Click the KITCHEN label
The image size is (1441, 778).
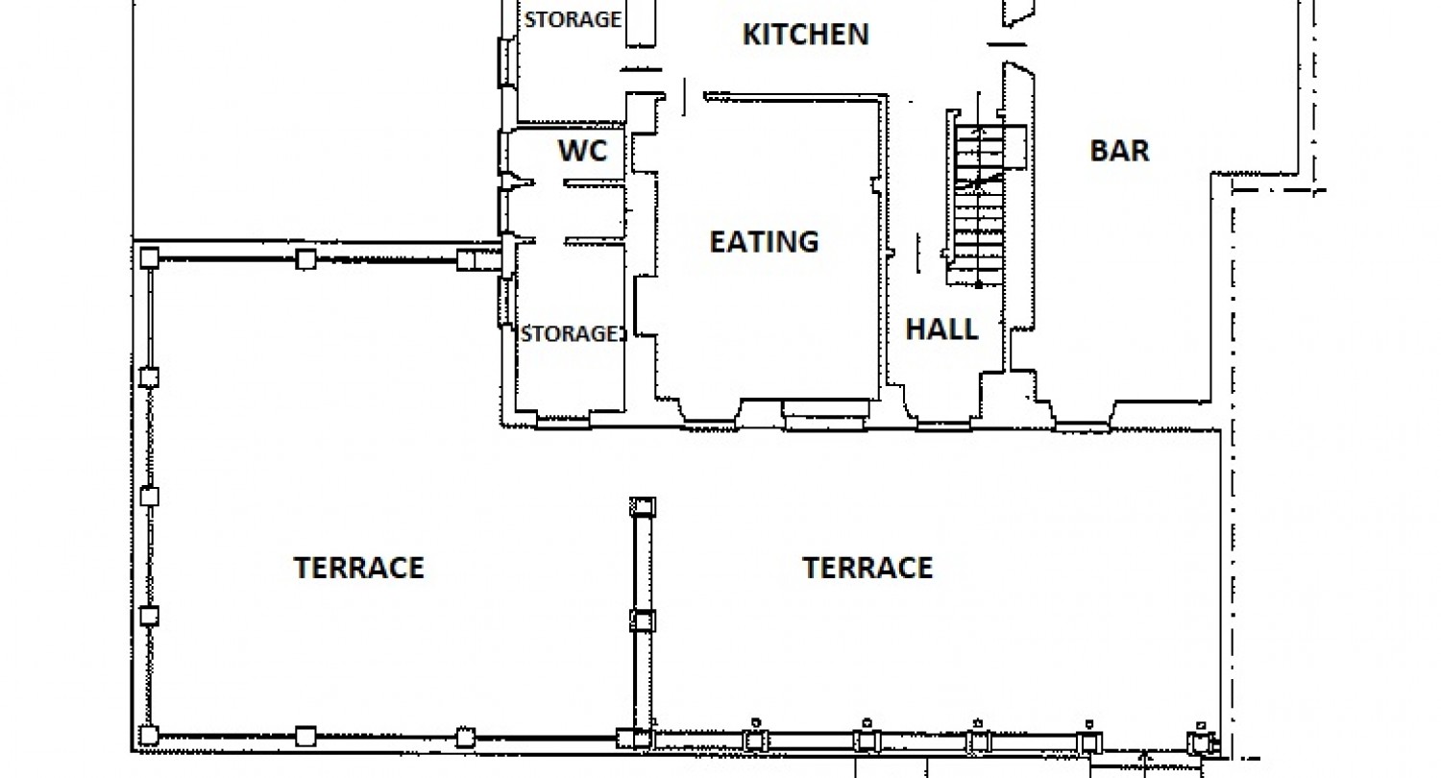click(805, 34)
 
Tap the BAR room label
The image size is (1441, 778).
click(1119, 151)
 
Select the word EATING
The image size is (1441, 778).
click(765, 242)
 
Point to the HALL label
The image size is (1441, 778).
click(941, 329)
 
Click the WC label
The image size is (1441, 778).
click(583, 151)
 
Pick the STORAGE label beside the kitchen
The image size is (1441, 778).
click(573, 19)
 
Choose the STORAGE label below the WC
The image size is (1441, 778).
click(572, 333)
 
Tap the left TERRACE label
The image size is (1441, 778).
click(359, 568)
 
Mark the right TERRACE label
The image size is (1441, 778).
click(867, 568)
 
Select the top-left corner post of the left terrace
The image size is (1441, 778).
click(149, 257)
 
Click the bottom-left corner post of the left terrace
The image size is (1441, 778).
click(149, 735)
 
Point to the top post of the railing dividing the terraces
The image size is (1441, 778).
click(643, 507)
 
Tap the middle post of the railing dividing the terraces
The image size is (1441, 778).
click(643, 621)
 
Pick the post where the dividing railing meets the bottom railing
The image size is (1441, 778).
click(634, 739)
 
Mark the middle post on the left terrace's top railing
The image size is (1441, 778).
click(305, 259)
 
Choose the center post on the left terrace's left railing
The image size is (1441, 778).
click(149, 497)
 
